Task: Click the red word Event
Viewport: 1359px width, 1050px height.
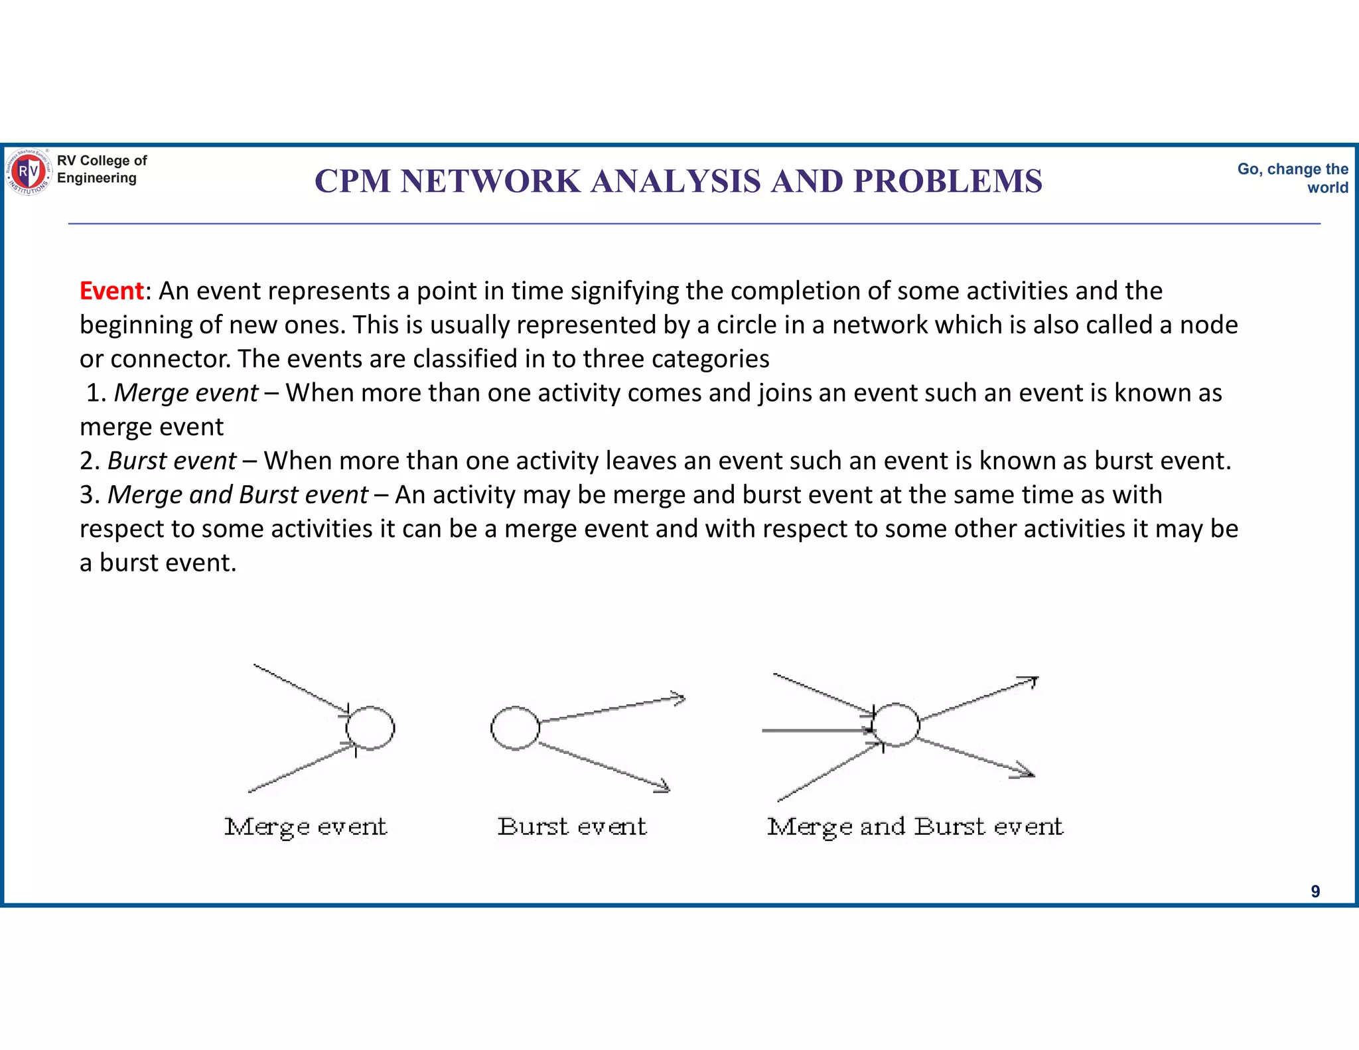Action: point(111,291)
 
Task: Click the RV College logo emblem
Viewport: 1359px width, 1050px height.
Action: point(28,172)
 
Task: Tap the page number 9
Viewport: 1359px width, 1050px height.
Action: point(1315,891)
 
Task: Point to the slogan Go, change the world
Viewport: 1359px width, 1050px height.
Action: point(1293,178)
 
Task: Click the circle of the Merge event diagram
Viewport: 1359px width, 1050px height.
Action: point(370,728)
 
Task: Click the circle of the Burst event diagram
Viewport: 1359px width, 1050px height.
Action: point(515,728)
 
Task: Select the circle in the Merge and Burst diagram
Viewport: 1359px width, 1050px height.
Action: point(896,725)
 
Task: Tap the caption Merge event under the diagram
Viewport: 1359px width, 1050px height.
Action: point(305,827)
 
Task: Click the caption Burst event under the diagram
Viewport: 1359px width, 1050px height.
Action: point(572,827)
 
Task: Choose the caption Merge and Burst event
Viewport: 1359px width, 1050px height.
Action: point(915,827)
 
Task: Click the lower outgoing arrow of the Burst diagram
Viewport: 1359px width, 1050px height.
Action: point(604,766)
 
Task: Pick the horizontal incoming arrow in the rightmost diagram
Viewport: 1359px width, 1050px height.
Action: point(816,730)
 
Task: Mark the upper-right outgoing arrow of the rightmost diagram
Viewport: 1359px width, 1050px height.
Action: point(979,700)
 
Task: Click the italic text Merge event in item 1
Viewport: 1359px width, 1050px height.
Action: point(186,393)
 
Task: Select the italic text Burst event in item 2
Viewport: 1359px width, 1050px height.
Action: point(172,461)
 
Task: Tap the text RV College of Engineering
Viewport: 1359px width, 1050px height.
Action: point(102,169)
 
